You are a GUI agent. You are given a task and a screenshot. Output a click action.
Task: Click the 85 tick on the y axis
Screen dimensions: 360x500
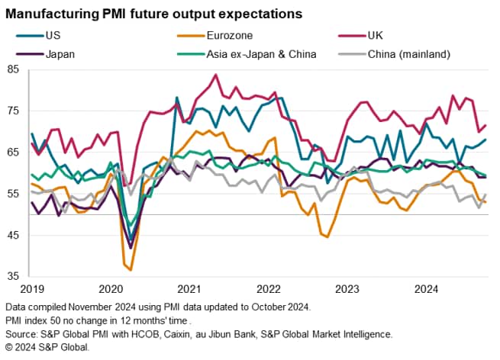click(14, 70)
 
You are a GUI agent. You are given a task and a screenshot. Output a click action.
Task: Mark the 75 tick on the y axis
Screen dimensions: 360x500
click(14, 111)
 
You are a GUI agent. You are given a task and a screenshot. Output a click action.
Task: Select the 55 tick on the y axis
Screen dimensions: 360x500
click(14, 194)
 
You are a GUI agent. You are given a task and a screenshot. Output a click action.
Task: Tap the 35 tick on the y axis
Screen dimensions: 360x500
click(14, 277)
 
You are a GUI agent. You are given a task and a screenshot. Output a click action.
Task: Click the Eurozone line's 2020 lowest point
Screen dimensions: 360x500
click(131, 270)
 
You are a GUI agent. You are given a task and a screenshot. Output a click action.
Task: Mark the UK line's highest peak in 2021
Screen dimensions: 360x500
click(216, 75)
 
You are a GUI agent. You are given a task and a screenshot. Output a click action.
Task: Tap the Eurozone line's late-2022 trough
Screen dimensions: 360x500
click(327, 237)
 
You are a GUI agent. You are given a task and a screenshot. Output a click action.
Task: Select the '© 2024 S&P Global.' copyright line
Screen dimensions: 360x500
click(47, 347)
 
